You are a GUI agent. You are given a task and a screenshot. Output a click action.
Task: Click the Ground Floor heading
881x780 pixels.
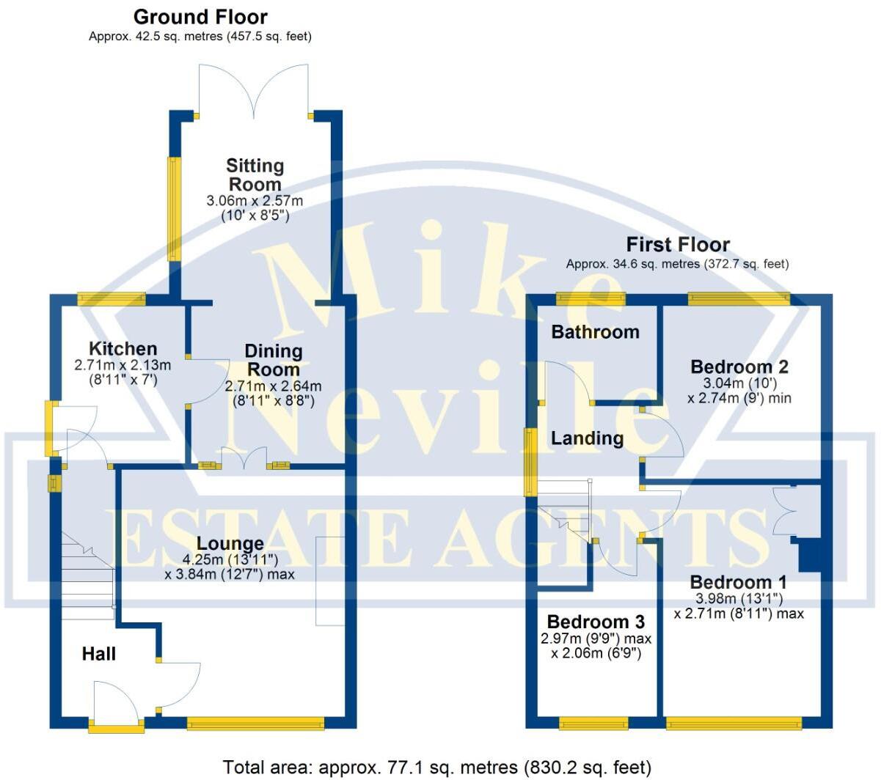click(200, 17)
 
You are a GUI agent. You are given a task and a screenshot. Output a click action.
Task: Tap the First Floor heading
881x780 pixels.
click(677, 245)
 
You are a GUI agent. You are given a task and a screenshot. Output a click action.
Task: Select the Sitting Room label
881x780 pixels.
click(255, 175)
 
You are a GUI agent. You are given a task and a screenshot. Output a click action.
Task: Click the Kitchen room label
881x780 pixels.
click(123, 349)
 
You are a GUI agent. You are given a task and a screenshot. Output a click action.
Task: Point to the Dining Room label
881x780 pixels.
click(273, 360)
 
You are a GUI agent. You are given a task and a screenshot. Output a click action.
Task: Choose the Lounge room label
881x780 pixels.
click(230, 544)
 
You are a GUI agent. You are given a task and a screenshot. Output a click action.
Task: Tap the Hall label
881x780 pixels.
click(98, 653)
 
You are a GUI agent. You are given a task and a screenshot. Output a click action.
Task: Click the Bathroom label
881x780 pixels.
click(595, 332)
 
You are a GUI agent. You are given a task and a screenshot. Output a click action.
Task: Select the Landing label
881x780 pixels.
click(587, 438)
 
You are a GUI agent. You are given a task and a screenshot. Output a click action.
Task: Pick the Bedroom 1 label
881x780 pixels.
click(738, 582)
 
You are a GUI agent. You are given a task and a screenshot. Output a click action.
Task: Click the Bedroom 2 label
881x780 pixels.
click(739, 367)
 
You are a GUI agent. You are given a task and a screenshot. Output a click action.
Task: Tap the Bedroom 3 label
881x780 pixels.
click(596, 622)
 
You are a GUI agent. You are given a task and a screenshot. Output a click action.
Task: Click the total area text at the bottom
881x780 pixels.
click(436, 768)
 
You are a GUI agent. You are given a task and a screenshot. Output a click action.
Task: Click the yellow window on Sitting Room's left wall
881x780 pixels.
click(174, 210)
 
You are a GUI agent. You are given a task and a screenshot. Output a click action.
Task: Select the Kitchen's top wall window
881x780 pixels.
click(112, 298)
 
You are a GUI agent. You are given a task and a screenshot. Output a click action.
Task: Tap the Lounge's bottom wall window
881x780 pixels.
click(255, 724)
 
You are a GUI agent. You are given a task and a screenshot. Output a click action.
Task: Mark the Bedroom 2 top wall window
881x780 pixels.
click(738, 298)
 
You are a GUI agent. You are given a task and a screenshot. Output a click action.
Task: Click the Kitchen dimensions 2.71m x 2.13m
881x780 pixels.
click(123, 365)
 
